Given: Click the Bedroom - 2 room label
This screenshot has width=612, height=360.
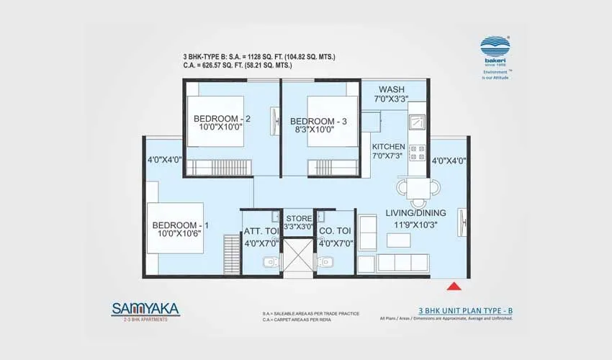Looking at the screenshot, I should coord(222,119).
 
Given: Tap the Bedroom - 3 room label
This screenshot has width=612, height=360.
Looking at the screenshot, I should coord(318,121).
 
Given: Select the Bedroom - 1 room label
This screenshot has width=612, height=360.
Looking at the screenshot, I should coord(180,225).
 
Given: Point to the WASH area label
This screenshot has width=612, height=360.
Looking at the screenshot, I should coord(392,89).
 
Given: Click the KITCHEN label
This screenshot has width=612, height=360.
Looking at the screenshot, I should coord(389,146).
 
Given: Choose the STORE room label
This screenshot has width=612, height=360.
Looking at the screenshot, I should coord(298,218).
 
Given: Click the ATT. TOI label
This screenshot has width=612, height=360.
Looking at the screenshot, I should coord(261,231).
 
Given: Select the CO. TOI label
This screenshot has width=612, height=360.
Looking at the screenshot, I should coord(335,231).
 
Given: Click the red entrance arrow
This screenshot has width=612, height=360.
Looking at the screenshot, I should coord(454,286).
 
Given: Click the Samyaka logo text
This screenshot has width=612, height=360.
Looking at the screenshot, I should coord(145,309).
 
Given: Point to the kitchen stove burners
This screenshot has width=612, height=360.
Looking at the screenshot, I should coord(418,152).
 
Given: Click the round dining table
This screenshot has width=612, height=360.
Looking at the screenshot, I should coord(418,187).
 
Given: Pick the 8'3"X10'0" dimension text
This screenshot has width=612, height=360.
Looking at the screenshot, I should coord(318,132).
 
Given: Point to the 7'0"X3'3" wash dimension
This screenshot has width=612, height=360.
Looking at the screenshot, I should coord(392,99).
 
